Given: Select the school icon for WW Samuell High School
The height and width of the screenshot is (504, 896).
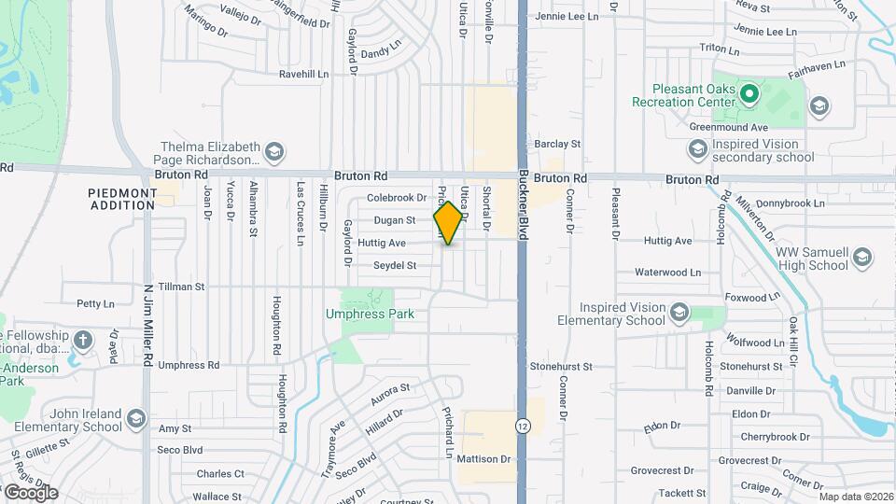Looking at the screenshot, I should point(862,257).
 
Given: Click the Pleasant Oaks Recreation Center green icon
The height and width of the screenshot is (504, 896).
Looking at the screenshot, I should point(748,93).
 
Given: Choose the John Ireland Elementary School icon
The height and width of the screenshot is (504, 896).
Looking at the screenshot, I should point(137,417).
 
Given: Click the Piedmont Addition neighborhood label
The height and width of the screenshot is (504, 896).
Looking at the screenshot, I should point(122,199).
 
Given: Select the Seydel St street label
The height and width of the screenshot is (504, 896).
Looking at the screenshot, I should point(394,266).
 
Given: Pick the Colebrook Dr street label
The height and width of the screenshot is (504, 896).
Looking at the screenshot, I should point(396,198).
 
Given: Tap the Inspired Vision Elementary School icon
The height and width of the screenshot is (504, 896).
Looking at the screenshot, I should point(679,313).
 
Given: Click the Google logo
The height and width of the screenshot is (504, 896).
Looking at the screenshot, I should point(30,492).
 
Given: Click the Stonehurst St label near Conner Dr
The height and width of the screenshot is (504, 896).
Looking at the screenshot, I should point(561,367).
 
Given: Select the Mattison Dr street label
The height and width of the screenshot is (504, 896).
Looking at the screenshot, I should point(484,459).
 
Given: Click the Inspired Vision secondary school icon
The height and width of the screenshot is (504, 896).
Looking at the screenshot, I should point(697,149).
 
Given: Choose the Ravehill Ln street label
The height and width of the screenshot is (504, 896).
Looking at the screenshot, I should point(304,74).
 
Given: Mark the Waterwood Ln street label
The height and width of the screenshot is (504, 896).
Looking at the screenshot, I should point(667,273).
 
